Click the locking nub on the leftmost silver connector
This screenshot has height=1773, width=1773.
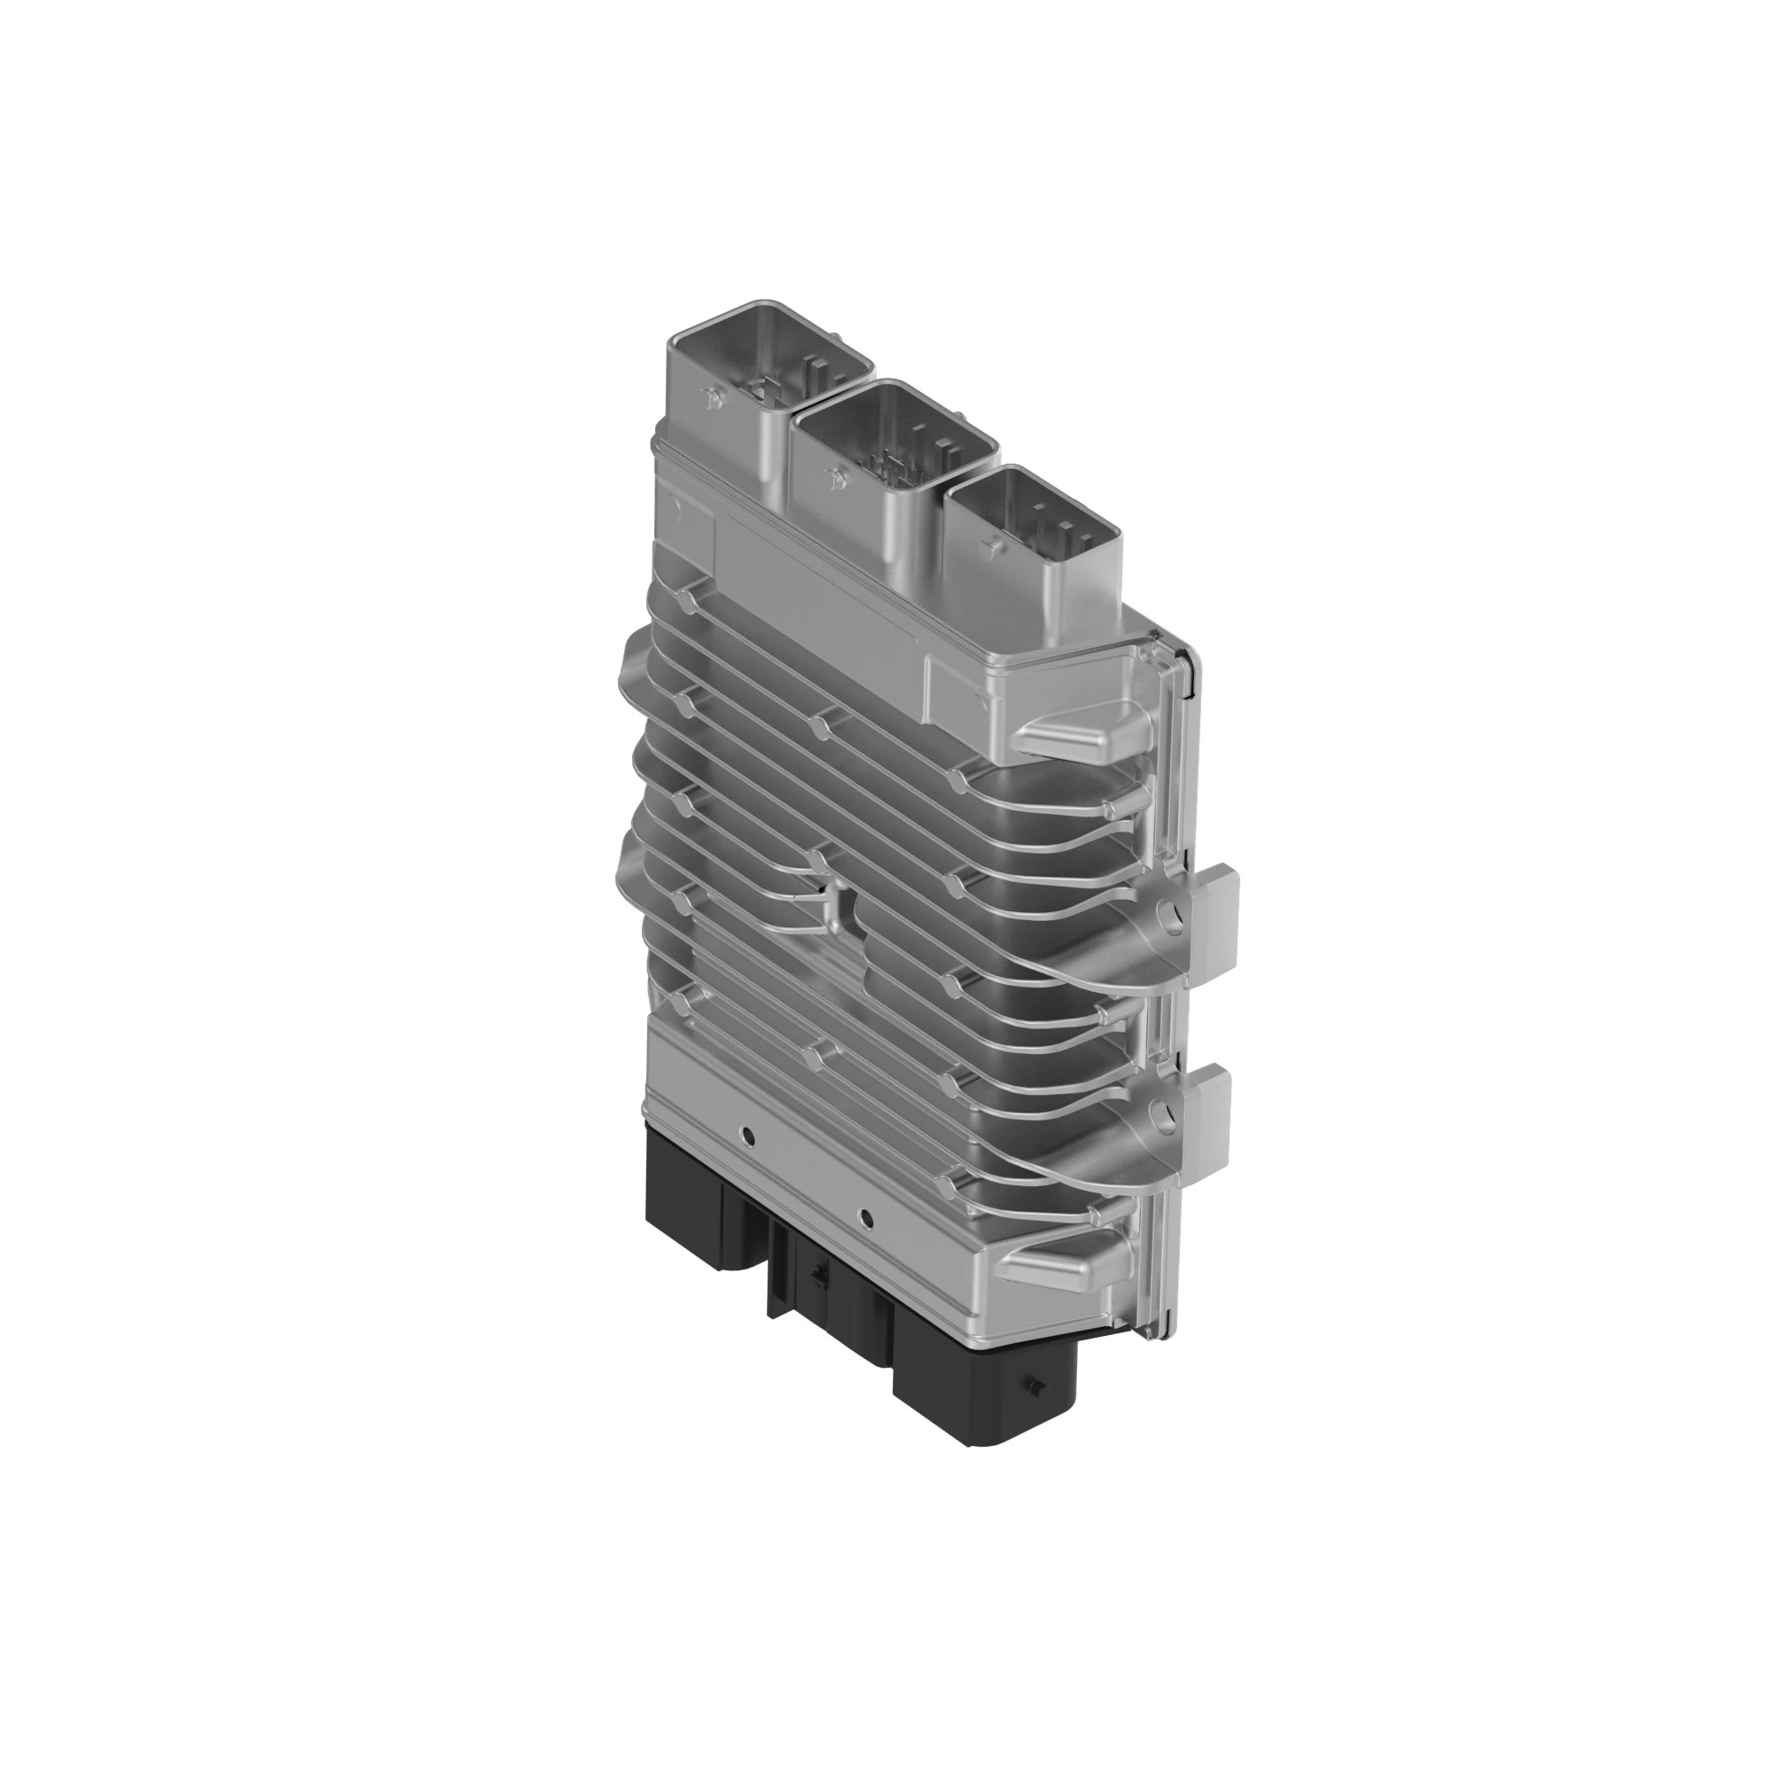(x=707, y=397)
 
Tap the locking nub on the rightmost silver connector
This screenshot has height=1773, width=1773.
(x=989, y=548)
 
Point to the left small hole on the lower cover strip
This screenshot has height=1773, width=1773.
(x=750, y=1136)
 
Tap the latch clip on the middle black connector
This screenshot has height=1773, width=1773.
(x=817, y=1273)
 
